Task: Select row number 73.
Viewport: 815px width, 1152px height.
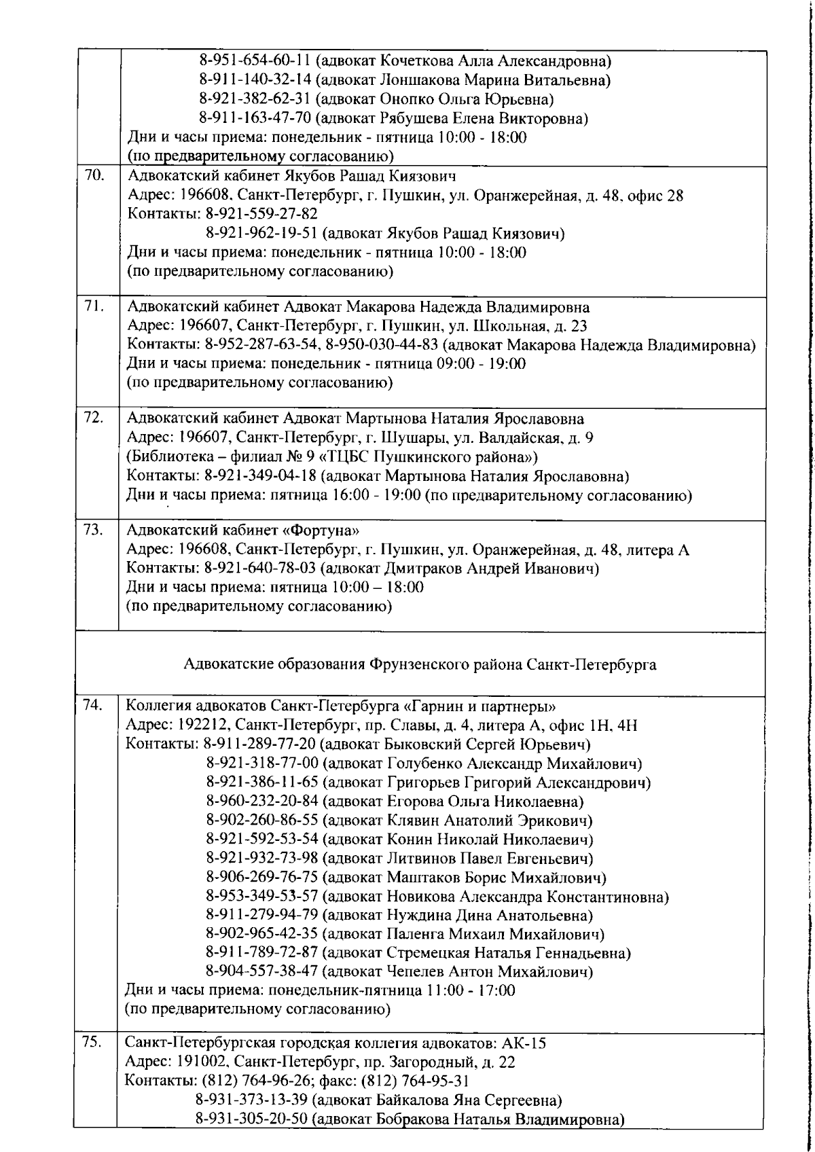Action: (93, 530)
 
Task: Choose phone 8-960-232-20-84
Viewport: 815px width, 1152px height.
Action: (261, 802)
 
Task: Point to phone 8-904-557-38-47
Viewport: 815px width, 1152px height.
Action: (261, 972)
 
